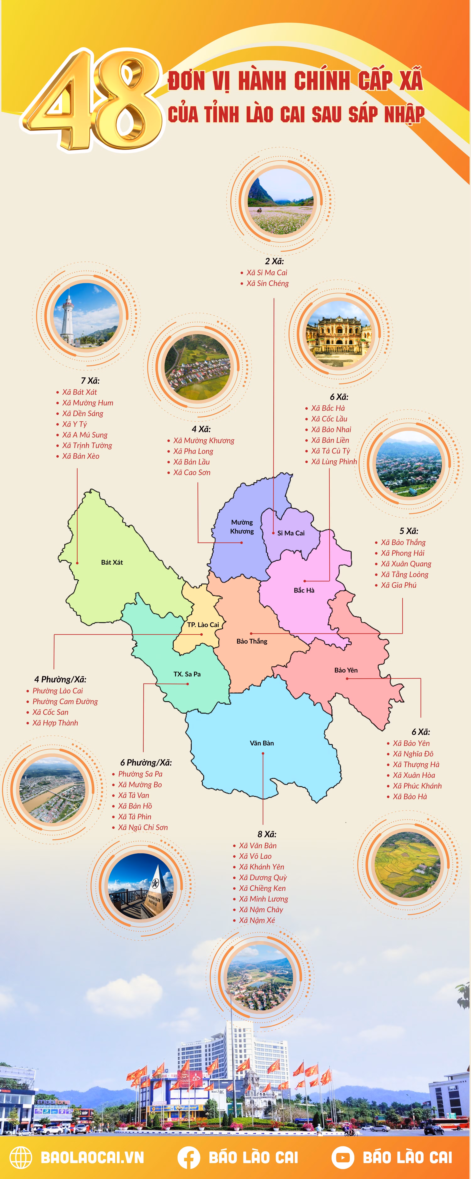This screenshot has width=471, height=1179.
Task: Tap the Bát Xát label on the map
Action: click(112, 562)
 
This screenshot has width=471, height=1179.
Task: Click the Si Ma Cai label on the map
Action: click(291, 533)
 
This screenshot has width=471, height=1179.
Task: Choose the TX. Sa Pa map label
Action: click(187, 674)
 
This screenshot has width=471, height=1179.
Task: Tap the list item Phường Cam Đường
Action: click(65, 701)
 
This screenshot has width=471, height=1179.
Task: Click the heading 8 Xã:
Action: click(267, 834)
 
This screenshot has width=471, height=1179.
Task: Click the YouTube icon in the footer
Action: click(343, 1157)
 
